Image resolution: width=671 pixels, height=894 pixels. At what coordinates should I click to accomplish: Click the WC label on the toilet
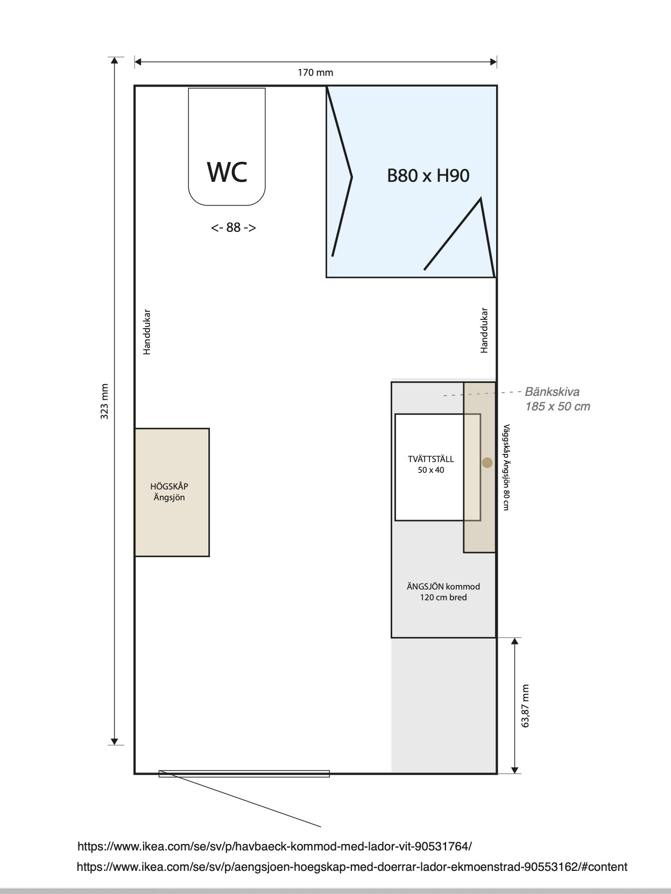[227, 172]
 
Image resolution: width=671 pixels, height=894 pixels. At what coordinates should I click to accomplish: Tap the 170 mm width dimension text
[315, 73]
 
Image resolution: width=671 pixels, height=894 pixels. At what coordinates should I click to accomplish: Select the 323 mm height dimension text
[104, 401]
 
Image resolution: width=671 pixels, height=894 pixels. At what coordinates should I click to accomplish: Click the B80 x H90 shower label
[428, 175]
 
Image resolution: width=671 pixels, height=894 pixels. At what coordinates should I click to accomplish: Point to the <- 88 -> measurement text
[234, 228]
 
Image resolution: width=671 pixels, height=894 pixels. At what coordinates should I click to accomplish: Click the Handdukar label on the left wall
[147, 332]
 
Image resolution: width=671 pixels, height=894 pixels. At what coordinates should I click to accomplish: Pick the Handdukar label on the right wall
[484, 330]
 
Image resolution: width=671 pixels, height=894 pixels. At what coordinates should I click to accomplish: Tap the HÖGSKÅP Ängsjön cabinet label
[169, 492]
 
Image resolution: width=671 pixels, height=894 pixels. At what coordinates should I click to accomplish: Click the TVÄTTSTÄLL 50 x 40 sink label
[430, 464]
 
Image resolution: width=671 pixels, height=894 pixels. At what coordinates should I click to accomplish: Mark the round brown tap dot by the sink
[488, 463]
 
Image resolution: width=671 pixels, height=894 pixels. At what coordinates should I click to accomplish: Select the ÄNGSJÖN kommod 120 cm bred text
[443, 592]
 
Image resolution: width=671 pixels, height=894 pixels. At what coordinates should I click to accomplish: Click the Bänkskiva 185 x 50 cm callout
[557, 399]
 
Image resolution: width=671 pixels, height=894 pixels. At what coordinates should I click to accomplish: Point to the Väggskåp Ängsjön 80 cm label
[506, 467]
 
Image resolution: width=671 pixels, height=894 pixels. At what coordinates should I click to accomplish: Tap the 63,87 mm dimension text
[525, 706]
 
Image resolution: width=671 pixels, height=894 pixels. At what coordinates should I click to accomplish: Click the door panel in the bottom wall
[244, 774]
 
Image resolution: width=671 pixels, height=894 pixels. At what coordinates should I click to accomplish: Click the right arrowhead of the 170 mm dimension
[494, 62]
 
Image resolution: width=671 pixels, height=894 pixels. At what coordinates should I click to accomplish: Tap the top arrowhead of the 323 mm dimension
[115, 60]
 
